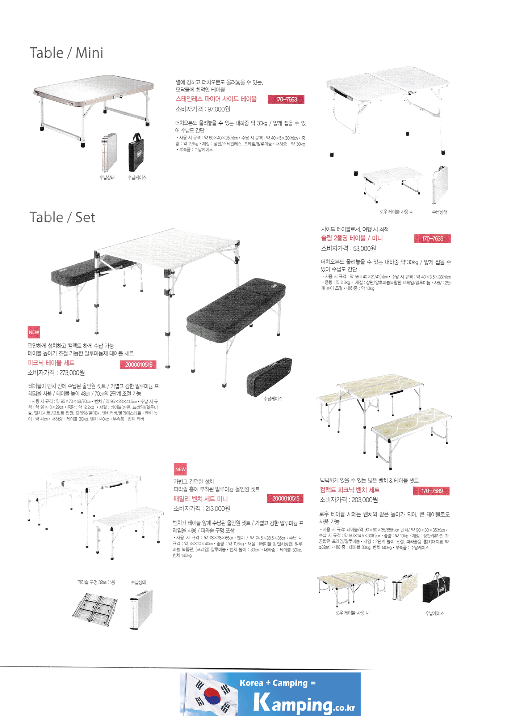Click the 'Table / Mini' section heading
click(66, 53)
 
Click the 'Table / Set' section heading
click(62, 217)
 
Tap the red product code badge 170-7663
click(286, 99)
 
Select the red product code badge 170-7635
click(432, 239)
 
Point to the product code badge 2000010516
click(138, 365)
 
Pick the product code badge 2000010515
click(285, 499)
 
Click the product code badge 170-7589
click(431, 491)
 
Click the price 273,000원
click(71, 373)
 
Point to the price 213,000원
click(218, 508)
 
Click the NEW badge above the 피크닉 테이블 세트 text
click(34, 332)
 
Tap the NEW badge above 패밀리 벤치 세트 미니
click(180, 469)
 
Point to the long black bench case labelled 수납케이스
click(269, 377)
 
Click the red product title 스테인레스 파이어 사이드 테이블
click(216, 99)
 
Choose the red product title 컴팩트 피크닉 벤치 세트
click(349, 490)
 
